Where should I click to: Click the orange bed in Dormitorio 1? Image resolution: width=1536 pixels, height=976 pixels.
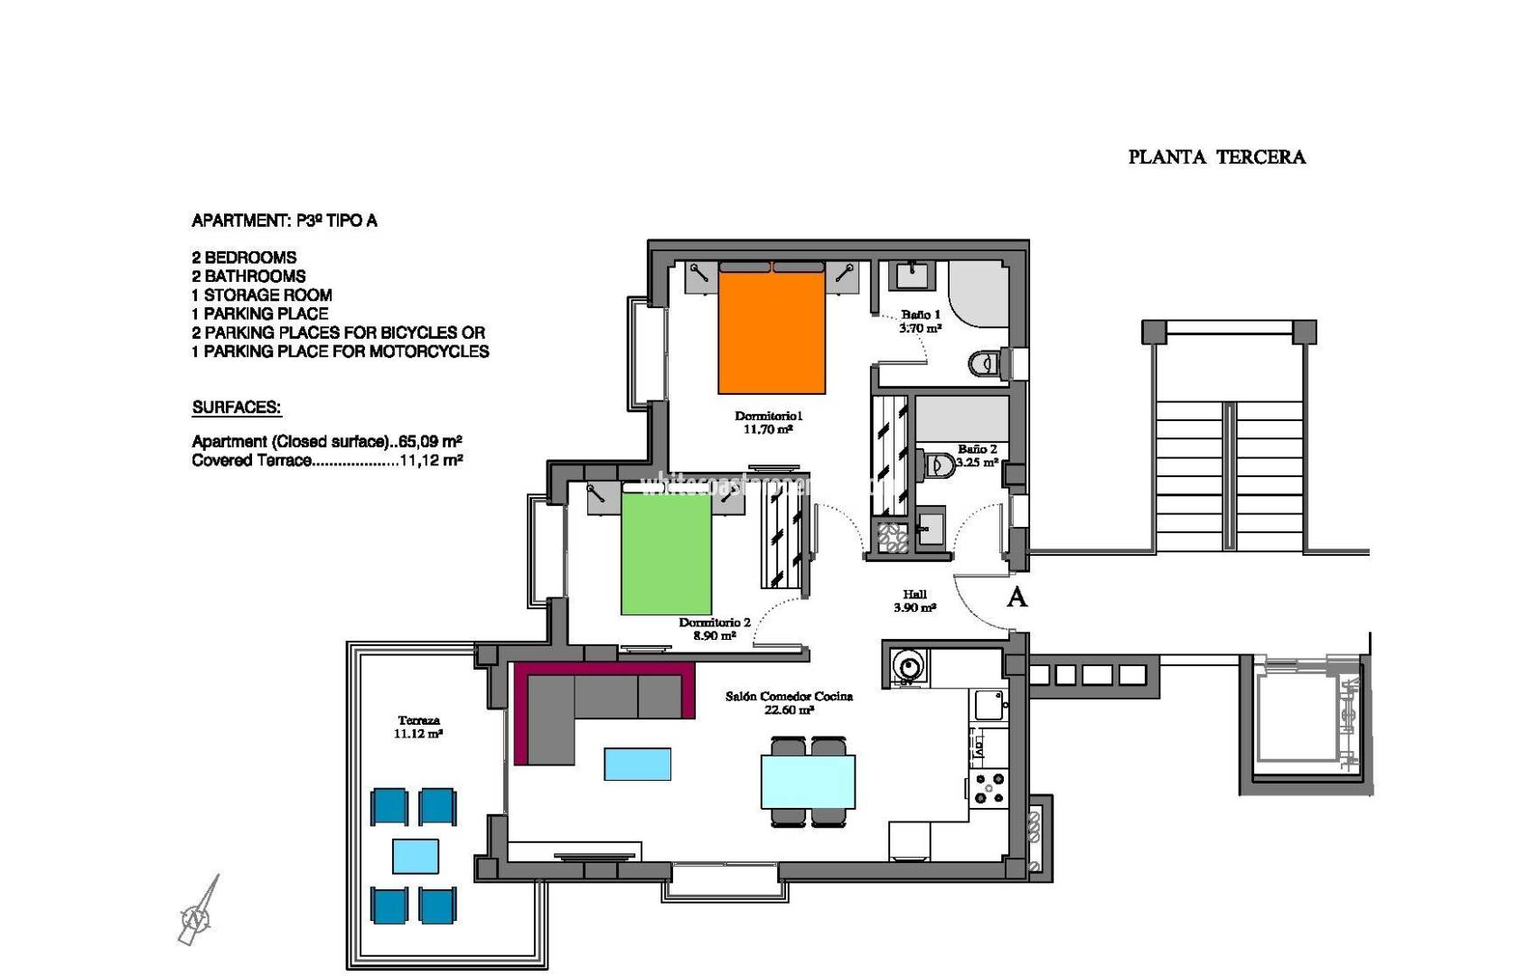click(772, 331)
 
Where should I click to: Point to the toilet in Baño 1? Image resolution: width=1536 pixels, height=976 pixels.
click(987, 364)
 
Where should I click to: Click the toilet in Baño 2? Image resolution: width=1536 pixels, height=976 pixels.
click(940, 466)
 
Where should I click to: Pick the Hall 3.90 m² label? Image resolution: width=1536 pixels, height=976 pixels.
click(914, 601)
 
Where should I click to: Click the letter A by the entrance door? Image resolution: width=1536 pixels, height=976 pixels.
click(1016, 597)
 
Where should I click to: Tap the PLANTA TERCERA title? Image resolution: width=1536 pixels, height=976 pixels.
click(1216, 157)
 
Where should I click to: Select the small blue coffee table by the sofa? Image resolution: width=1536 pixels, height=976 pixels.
click(637, 764)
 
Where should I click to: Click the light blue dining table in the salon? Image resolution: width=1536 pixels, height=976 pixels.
click(808, 782)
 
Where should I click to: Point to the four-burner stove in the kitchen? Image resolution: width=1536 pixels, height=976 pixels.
click(989, 787)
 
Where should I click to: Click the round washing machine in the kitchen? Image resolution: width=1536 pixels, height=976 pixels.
click(907, 667)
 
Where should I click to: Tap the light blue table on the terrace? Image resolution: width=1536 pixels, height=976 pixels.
click(416, 856)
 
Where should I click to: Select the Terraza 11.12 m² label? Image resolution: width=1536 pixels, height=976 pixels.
click(417, 727)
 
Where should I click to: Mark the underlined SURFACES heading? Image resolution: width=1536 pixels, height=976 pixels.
click(236, 408)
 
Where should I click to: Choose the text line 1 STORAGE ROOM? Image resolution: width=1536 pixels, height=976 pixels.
click(261, 296)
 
